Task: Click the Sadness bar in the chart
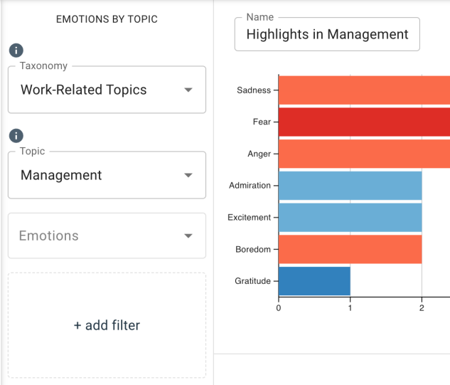coord(364,90)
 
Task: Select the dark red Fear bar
coord(364,122)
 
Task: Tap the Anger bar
coord(364,154)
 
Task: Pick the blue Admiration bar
coord(350,185)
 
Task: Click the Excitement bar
coord(350,217)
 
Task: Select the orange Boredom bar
coord(350,249)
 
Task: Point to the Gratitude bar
coord(314,280)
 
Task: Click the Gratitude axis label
coord(252,281)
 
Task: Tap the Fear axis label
coord(262,122)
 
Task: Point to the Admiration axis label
coord(250,186)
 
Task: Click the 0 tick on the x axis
coord(278,308)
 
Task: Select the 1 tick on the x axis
coord(350,308)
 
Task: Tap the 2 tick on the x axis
coord(422,308)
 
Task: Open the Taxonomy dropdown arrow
coord(188,90)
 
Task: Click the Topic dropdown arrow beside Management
coord(188,176)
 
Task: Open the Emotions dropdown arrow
coord(188,236)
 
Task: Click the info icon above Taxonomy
coord(16,51)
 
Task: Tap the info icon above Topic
coord(16,135)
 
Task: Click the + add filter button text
coord(107,325)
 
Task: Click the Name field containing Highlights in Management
coord(327,34)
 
